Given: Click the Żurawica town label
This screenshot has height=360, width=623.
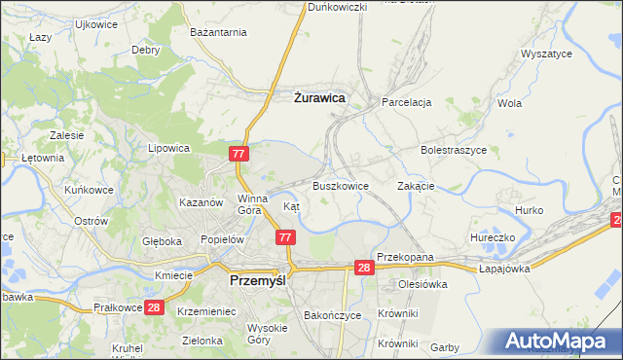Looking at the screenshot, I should pos(319,98).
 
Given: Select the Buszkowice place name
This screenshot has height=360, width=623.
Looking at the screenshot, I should pos(341,185).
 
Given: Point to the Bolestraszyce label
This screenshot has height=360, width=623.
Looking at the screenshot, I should pos(453,151).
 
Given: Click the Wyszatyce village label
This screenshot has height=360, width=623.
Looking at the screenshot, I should pos(546,54).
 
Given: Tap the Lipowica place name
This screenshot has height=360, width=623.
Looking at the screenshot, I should pos(167,149).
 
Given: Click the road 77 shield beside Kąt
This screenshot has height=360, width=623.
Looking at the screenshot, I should pos(285,237).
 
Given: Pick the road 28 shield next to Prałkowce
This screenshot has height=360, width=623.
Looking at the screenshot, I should pos(153,307).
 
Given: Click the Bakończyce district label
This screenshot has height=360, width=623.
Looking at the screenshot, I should pos(333,315).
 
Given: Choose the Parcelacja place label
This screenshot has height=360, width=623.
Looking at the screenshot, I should pos(407,102).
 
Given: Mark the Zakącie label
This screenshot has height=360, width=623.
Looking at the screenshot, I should pos(416,186).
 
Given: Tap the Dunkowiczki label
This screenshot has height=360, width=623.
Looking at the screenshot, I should pos(337,7).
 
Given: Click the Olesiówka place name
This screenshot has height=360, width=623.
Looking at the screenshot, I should pos(421,284).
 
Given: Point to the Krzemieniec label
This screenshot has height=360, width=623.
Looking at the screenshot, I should pos(208,310).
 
